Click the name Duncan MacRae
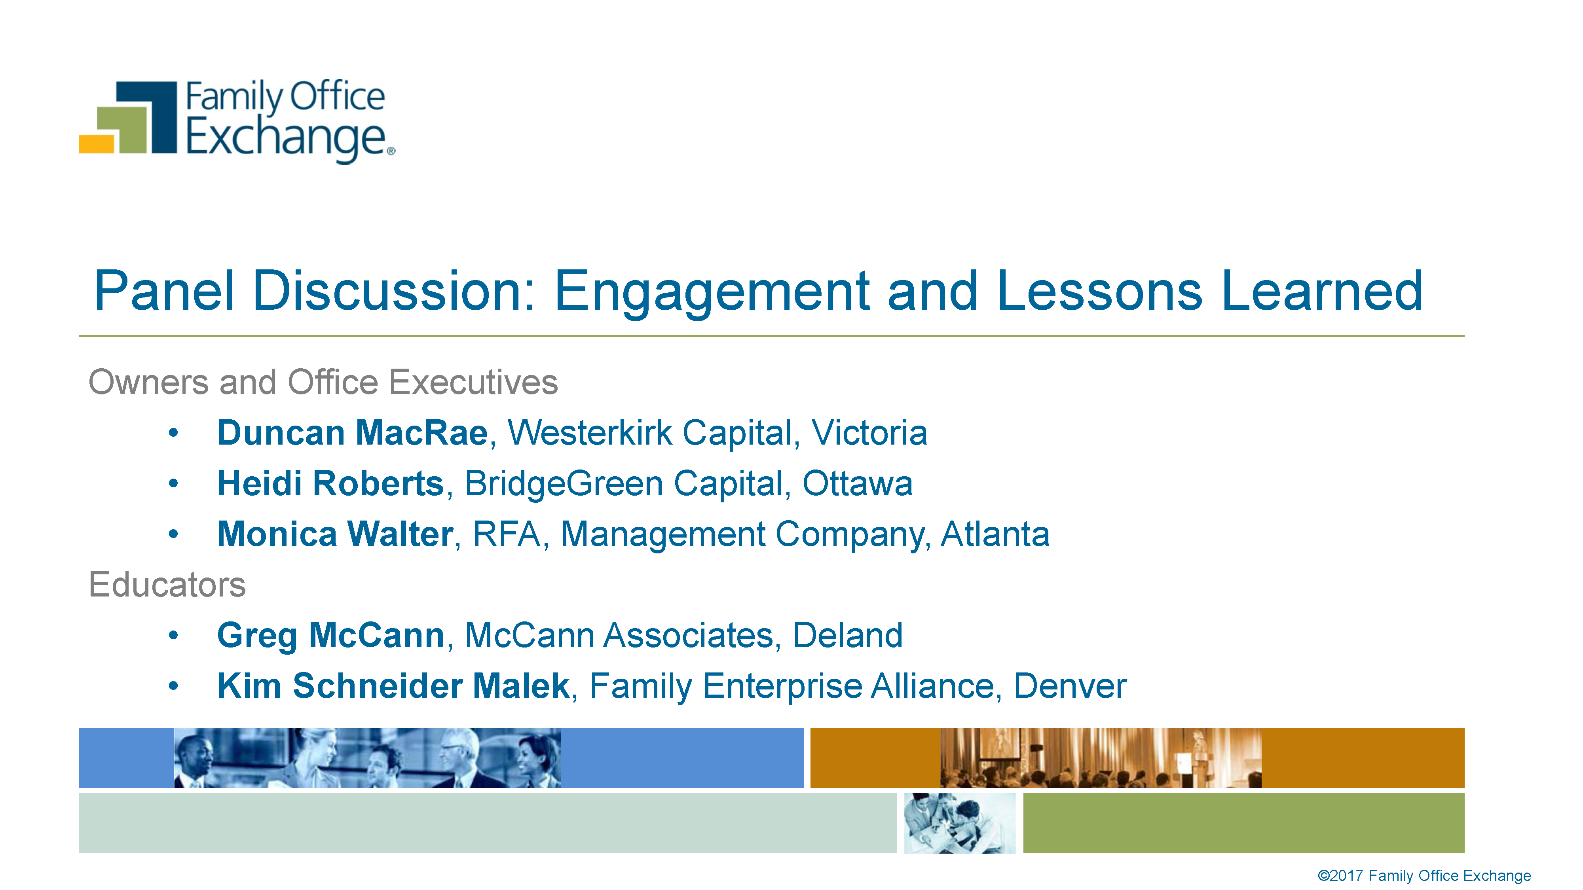click(353, 433)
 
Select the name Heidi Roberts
click(330, 483)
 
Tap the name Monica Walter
click(336, 534)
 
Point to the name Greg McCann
click(330, 636)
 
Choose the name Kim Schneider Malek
click(394, 686)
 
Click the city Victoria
click(869, 433)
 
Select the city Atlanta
click(995, 534)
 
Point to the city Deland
click(847, 635)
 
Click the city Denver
click(1070, 686)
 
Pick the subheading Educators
click(167, 584)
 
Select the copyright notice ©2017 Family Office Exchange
click(1424, 875)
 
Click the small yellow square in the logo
click(97, 144)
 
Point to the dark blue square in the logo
click(154, 117)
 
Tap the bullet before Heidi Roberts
click(173, 483)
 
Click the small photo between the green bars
click(959, 823)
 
